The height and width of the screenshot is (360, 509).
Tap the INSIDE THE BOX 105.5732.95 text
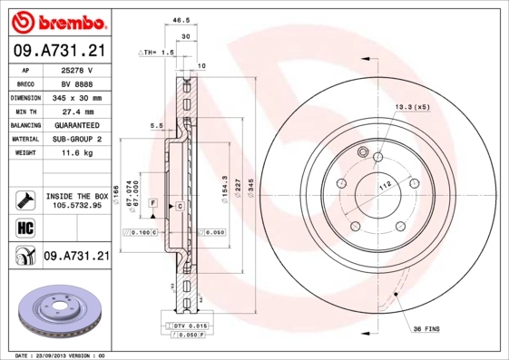[76, 199]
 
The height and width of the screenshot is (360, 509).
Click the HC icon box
[24, 227]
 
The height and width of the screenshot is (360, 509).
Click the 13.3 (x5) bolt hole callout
[411, 108]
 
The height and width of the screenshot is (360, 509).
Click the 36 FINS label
[426, 327]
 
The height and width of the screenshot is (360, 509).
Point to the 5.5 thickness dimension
[156, 126]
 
